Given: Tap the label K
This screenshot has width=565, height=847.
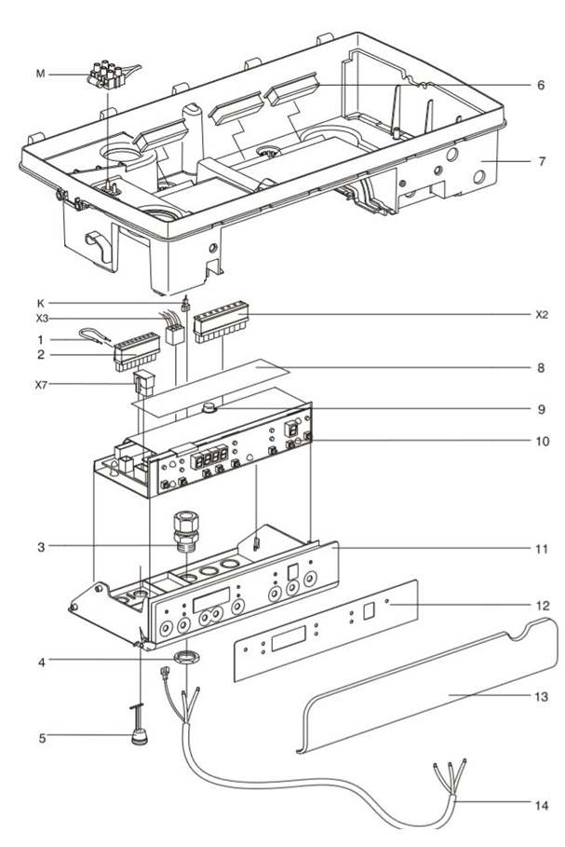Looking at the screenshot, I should [x=63, y=303].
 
